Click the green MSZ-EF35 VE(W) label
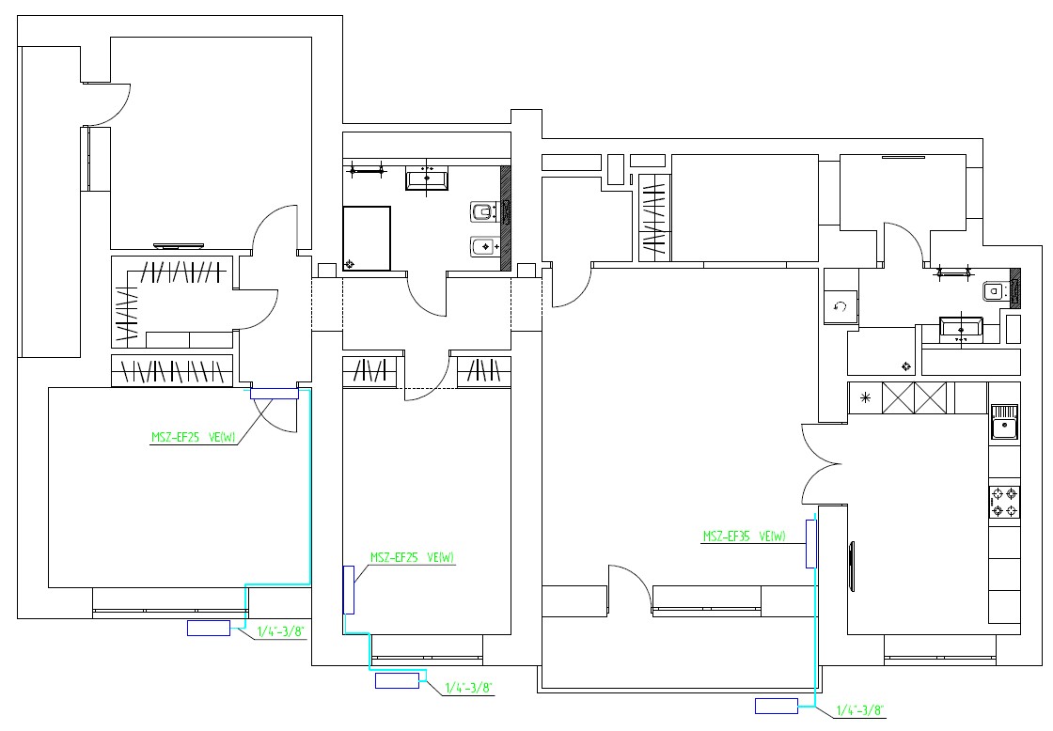(744, 537)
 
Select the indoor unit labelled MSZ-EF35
(812, 544)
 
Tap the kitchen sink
(1005, 422)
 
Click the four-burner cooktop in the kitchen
(1005, 502)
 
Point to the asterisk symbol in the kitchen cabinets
(865, 398)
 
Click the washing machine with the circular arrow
(841, 307)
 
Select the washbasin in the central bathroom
(427, 179)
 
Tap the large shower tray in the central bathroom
(367, 239)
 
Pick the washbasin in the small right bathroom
(961, 328)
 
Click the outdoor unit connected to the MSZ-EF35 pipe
(777, 707)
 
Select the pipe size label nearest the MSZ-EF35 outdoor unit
(859, 710)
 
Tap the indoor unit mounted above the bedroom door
(274, 394)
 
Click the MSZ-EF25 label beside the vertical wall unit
(412, 557)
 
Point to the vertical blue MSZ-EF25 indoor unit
(349, 590)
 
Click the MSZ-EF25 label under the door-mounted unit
(193, 438)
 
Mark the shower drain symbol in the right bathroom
(906, 366)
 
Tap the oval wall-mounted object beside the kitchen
(852, 566)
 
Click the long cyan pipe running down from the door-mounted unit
(309, 488)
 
